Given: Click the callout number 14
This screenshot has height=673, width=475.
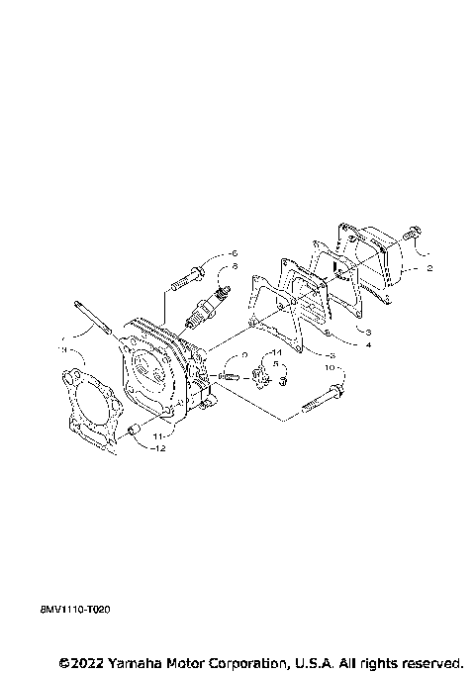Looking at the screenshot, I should point(277,353).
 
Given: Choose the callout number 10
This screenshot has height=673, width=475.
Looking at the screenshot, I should point(331,367).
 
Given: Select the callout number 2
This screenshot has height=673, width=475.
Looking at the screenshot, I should point(429,267).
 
